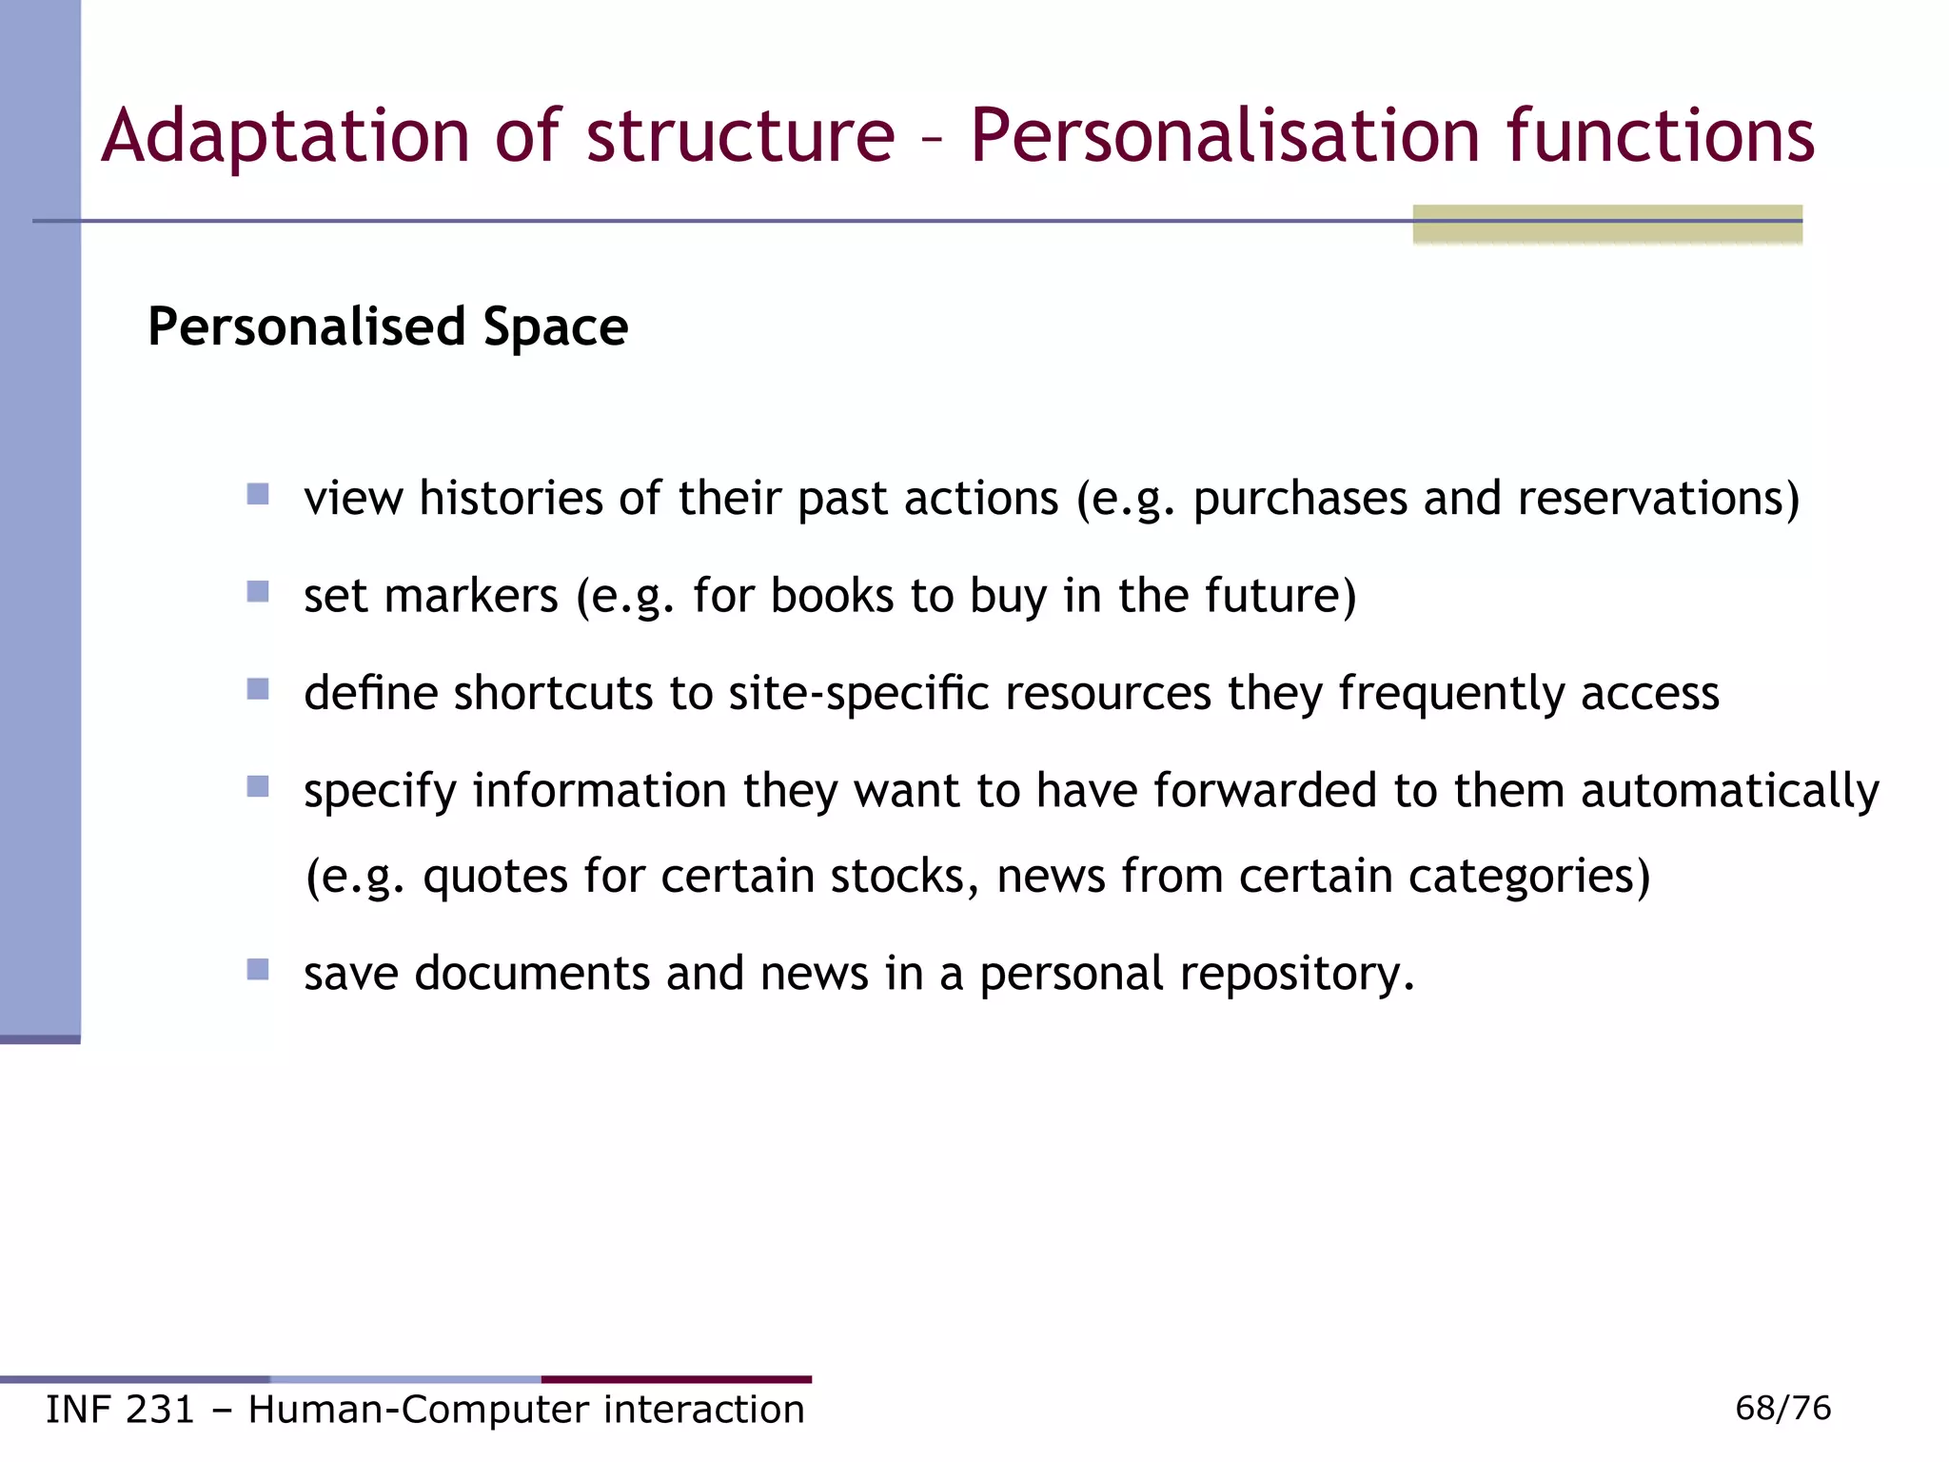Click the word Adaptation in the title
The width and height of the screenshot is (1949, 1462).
click(x=285, y=136)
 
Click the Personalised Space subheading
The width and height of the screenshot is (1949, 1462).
click(x=387, y=326)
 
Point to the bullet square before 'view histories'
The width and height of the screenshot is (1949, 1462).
click(x=258, y=494)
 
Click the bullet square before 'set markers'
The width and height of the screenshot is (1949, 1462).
click(x=258, y=592)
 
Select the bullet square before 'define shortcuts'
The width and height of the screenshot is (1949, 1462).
click(x=258, y=689)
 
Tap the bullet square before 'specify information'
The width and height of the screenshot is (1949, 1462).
click(x=258, y=786)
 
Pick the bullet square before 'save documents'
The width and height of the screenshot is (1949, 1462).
click(x=258, y=970)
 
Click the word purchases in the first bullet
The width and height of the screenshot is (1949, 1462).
click(x=1300, y=499)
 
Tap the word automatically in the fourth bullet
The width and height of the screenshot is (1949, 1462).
click(x=1730, y=792)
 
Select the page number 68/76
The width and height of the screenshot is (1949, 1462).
click(x=1782, y=1408)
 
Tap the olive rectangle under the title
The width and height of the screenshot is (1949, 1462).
click(x=1607, y=225)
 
